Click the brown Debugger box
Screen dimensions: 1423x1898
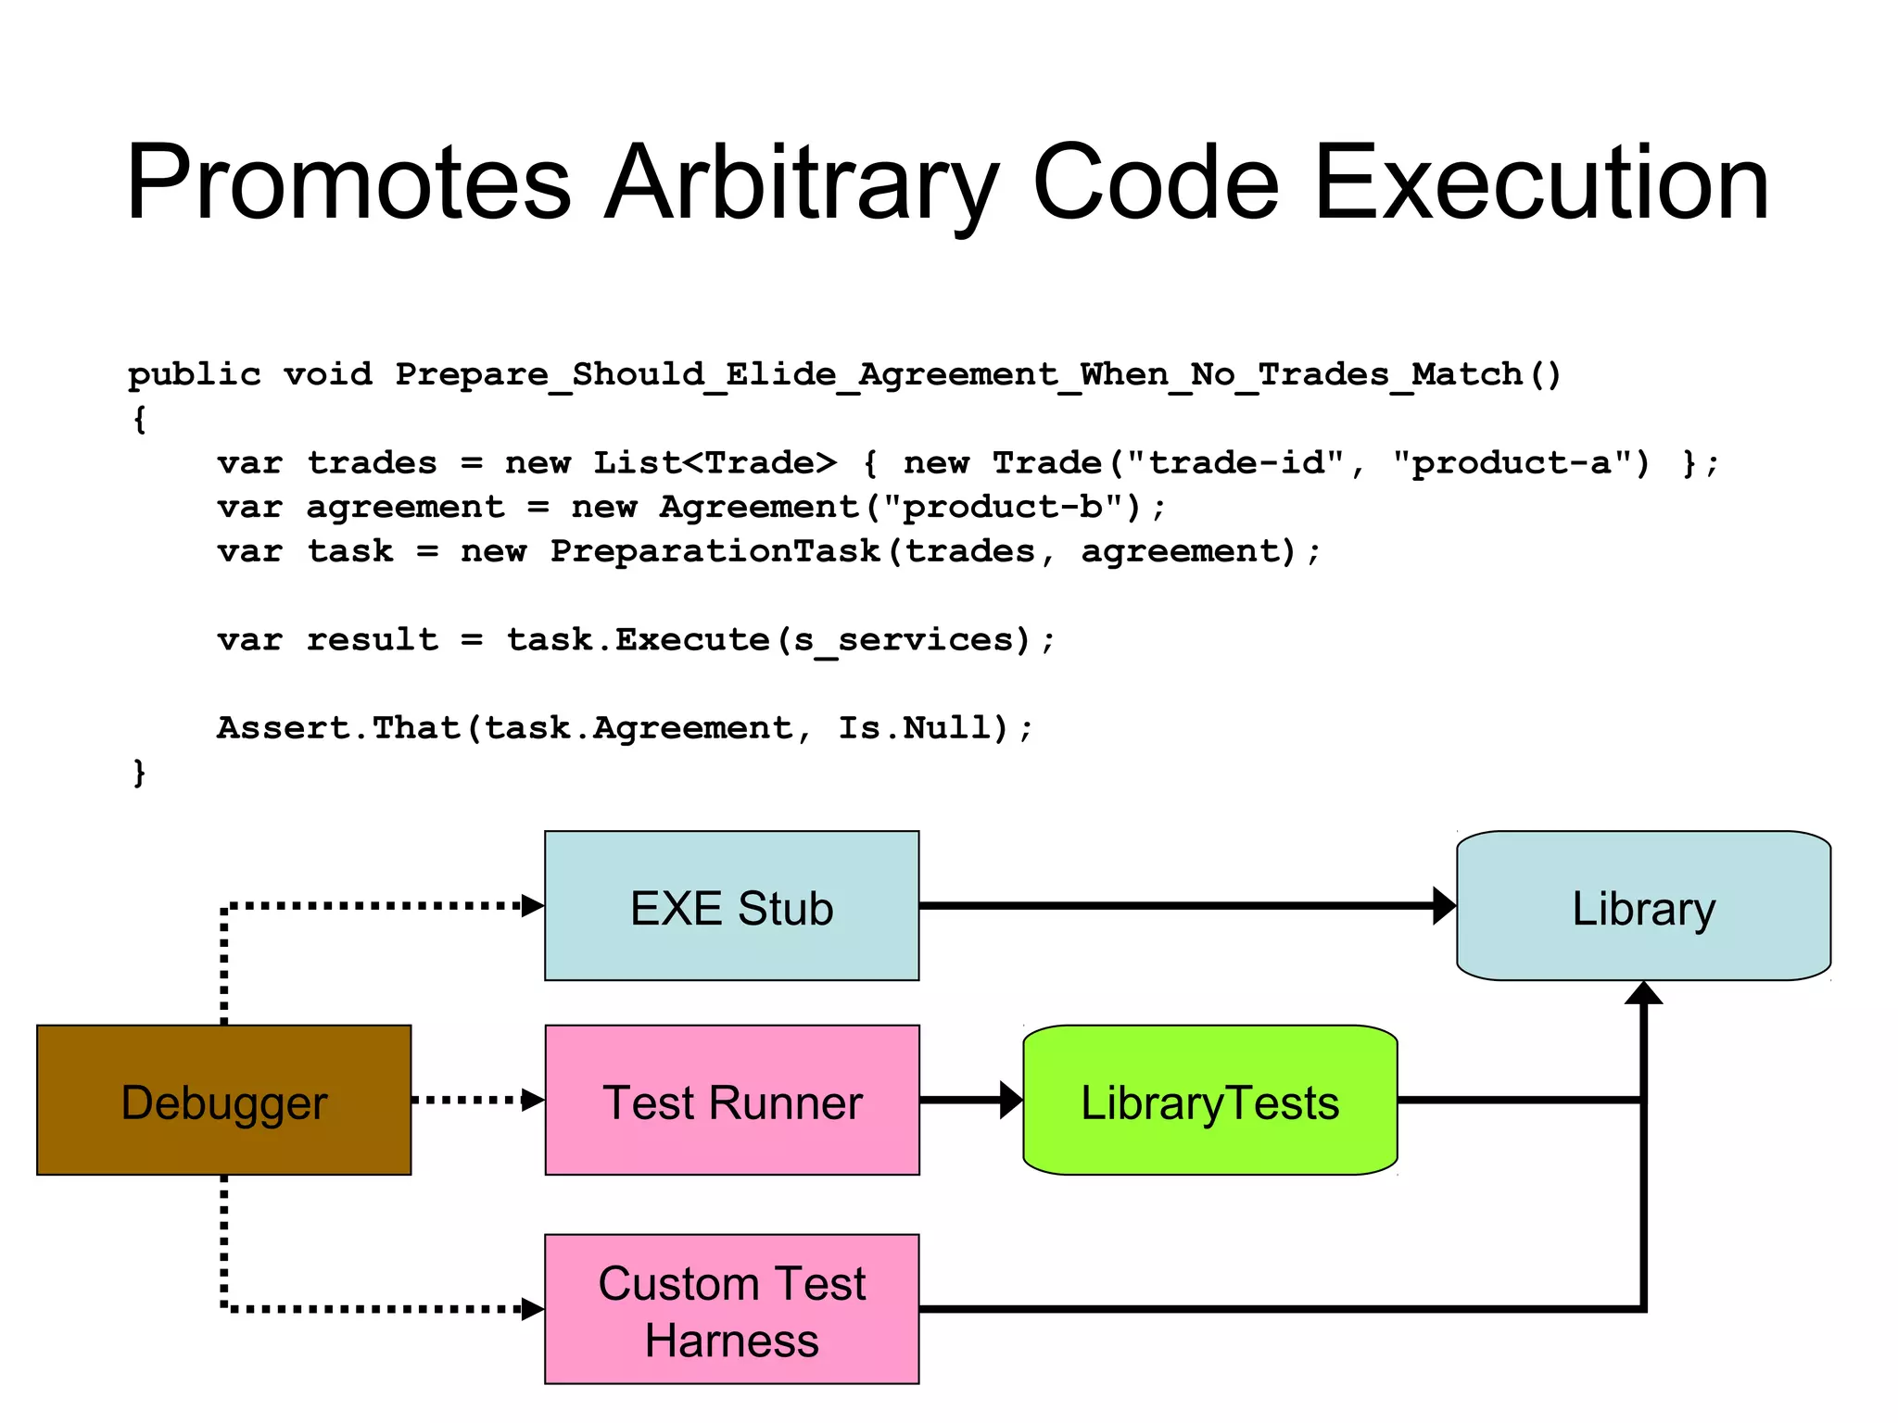pyautogui.click(x=223, y=1100)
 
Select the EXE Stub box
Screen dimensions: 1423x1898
pyautogui.click(x=731, y=906)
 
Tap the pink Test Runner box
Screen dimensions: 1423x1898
pyautogui.click(x=731, y=1100)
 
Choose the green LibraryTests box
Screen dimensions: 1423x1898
pyautogui.click(x=1209, y=1100)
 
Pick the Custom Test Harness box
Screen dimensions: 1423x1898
pyautogui.click(x=731, y=1309)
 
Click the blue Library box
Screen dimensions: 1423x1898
pyautogui.click(x=1643, y=906)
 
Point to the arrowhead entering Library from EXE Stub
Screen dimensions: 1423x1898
pyautogui.click(x=1444, y=906)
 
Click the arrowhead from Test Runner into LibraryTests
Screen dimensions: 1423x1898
pyautogui.click(x=1011, y=1100)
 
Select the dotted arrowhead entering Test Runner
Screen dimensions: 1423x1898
pyautogui.click(x=533, y=1100)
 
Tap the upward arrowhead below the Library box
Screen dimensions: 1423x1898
pyautogui.click(x=1643, y=993)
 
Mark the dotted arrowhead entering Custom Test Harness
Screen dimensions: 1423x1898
pyautogui.click(x=533, y=1309)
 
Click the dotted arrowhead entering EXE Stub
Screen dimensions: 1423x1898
pyautogui.click(x=533, y=906)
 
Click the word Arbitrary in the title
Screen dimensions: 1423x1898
pyautogui.click(x=801, y=183)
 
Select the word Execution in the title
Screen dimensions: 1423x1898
pyautogui.click(x=1540, y=183)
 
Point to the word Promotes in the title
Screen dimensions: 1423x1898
pyautogui.click(x=348, y=183)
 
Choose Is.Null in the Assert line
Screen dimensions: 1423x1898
pyautogui.click(x=914, y=728)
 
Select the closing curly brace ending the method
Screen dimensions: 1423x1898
pyautogui.click(x=139, y=772)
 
